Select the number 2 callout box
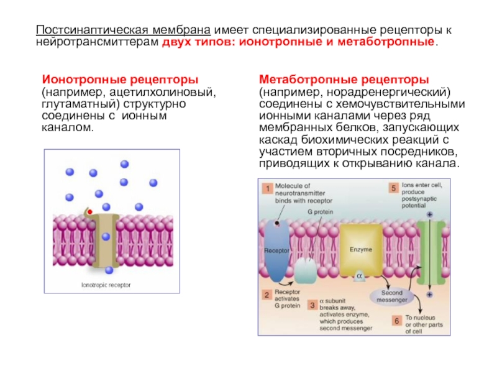pos(267,295)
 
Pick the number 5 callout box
pos(393,187)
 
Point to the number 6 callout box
pos(396,321)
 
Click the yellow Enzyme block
pos(360,249)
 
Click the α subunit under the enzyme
pos(358,274)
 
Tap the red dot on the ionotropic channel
pos(89,213)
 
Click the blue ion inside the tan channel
pos(106,236)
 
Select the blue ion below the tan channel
pos(109,270)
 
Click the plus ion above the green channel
pos(429,214)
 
